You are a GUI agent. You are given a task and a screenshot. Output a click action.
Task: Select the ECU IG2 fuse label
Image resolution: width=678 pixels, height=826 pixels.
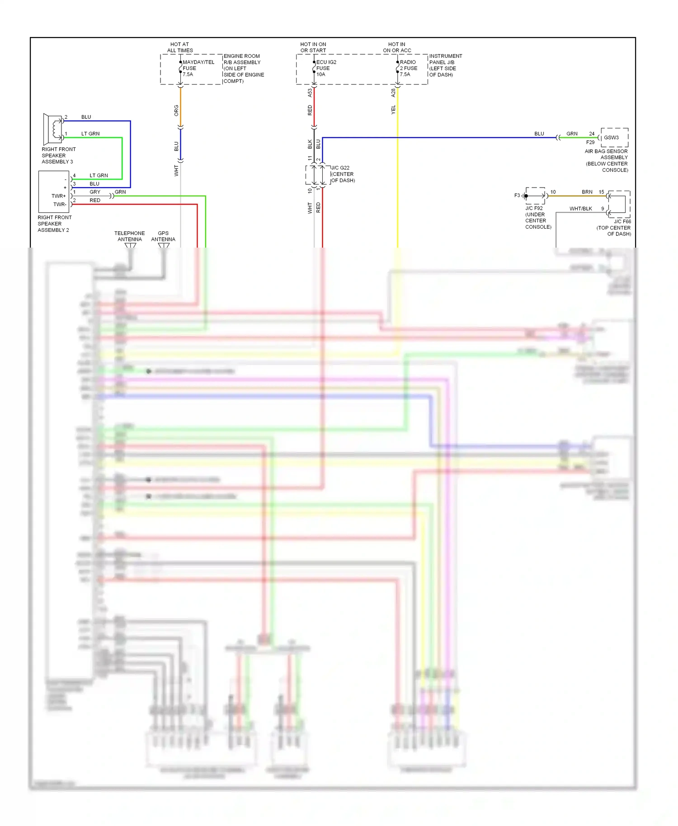tap(325, 68)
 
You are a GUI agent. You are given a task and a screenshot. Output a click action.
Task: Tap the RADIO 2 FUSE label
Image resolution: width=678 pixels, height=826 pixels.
tap(408, 68)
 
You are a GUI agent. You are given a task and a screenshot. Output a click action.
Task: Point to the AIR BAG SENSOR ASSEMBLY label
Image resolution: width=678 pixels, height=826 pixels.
tap(606, 160)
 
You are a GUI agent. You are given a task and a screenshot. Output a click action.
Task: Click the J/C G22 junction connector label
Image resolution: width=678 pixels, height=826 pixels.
tap(343, 174)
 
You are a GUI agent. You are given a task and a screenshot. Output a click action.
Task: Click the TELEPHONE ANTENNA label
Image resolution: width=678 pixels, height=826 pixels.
tap(129, 236)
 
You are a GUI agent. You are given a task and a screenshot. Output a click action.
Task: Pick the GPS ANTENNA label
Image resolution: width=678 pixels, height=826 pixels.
tap(163, 236)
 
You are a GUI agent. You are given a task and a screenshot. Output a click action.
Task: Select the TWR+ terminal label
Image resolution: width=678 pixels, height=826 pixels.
tap(58, 196)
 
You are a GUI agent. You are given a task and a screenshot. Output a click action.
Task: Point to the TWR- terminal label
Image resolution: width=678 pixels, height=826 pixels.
tap(59, 204)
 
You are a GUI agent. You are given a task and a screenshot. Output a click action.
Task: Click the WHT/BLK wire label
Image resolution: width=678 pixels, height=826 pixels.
tap(580, 208)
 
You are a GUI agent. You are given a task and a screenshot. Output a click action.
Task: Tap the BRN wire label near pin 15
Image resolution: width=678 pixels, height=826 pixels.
tap(587, 192)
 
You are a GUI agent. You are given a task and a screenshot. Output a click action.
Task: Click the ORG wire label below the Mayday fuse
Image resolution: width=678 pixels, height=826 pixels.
tap(176, 110)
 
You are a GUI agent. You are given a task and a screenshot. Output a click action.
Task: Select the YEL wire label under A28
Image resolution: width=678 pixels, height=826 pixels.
tap(393, 109)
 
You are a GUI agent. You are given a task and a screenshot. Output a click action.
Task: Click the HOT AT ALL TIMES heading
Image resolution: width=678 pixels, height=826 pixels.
tap(180, 47)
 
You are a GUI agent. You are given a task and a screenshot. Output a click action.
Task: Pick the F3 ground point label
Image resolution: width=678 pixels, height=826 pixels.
tap(517, 196)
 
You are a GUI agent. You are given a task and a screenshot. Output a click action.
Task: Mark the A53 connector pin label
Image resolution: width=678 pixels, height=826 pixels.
tap(310, 93)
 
